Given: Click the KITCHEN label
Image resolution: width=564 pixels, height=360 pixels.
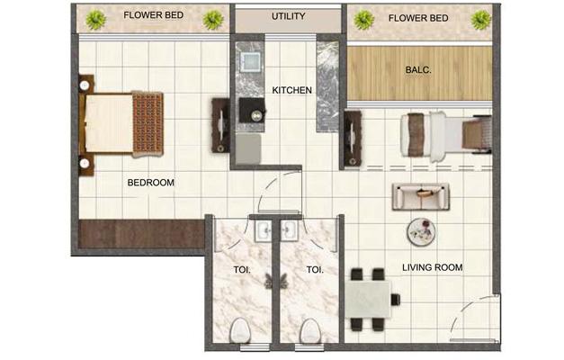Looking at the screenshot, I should click(292, 90).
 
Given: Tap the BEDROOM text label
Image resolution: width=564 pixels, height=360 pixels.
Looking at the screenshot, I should click(150, 182).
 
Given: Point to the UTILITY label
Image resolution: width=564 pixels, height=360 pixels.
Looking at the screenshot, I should click(288, 17).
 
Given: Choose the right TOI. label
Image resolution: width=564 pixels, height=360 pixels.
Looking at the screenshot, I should click(315, 268).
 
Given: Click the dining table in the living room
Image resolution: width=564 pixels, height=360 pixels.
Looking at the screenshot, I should click(371, 299).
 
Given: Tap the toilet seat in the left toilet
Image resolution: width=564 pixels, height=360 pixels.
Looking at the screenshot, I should click(240, 329).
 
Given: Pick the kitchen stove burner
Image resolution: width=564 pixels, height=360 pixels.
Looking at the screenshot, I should click(255, 114).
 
